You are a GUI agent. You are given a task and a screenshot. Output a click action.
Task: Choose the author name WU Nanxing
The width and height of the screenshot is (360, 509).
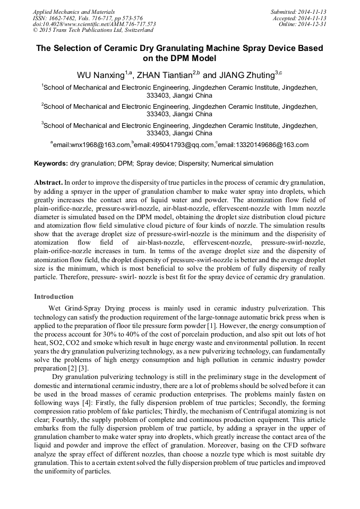coord(100,75)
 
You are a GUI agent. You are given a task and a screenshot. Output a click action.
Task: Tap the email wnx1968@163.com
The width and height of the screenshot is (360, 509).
coord(91,145)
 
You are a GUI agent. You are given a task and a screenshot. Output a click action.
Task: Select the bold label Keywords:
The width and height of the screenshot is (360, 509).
coord(51,163)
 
